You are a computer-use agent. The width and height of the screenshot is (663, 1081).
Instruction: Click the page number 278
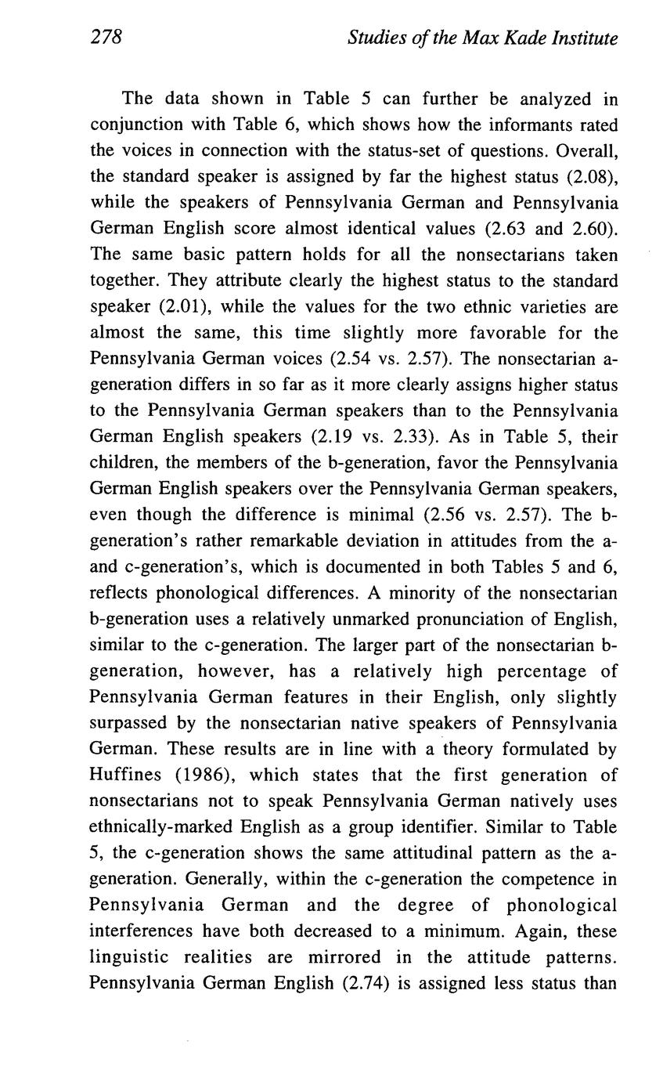pyautogui.click(x=106, y=37)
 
